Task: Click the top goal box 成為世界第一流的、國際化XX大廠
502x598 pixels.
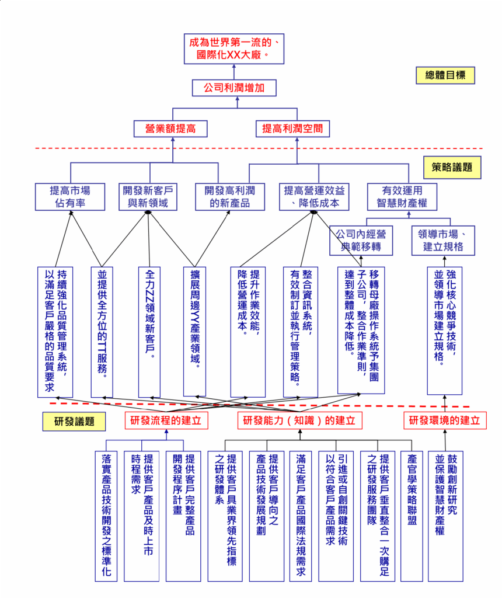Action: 233,49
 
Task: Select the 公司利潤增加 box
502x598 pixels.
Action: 233,88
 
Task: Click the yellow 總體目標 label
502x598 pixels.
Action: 445,75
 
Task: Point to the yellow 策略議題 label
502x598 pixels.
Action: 452,168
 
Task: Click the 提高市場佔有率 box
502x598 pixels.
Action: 70,197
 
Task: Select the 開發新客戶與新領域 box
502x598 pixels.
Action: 148,197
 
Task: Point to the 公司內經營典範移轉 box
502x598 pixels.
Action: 360,240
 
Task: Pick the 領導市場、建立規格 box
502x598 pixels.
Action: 444,240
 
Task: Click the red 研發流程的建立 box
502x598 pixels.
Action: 166,420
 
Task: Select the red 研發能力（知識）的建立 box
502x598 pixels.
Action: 299,420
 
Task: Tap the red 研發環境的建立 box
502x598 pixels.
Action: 445,420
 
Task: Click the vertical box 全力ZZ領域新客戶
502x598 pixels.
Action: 149,332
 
